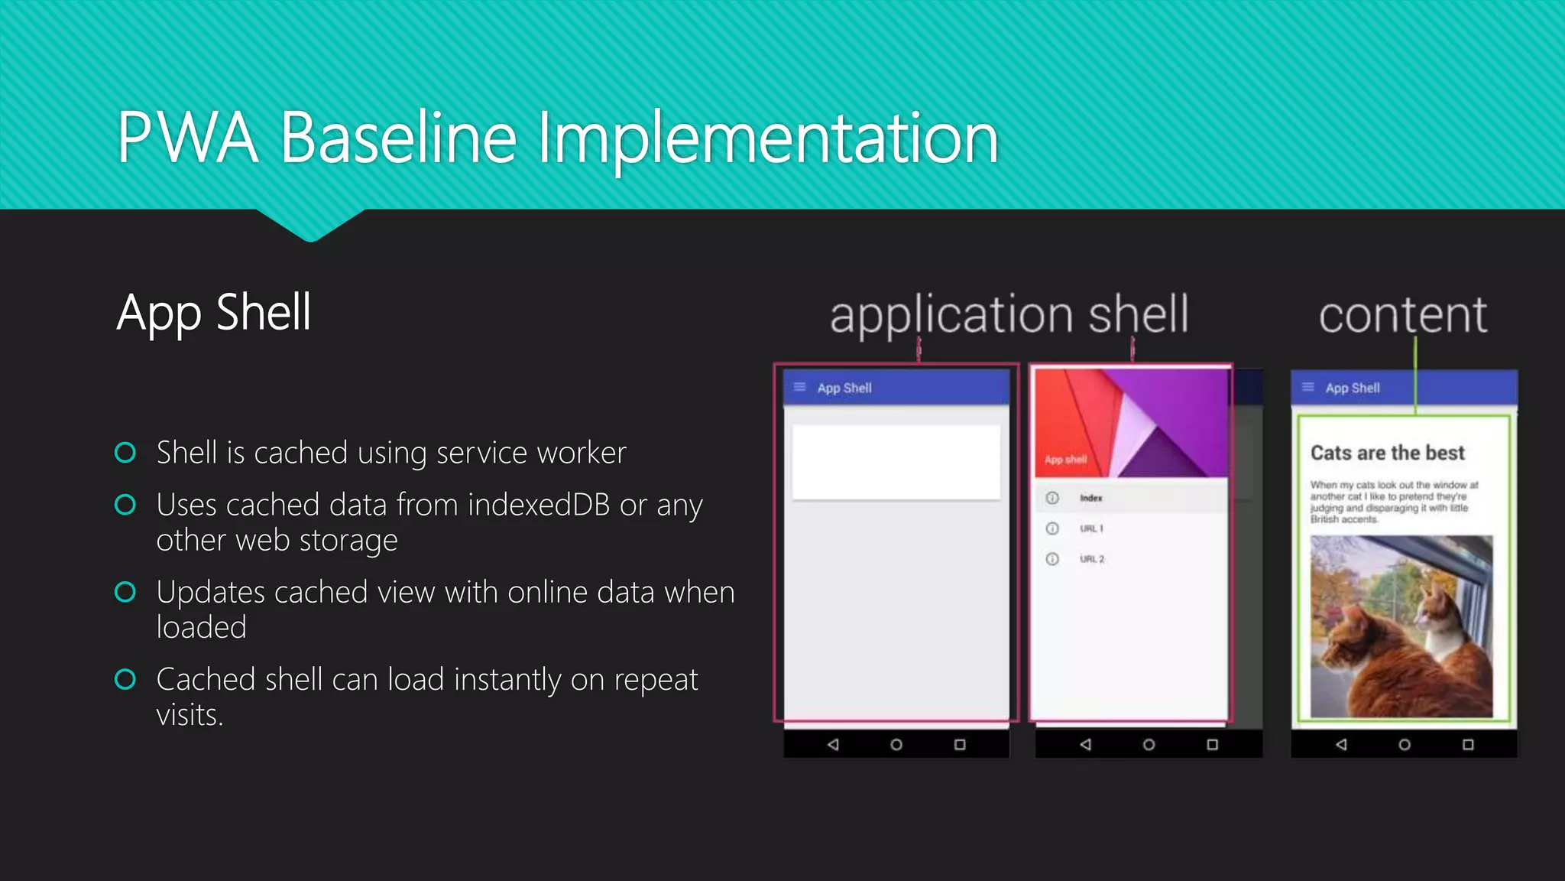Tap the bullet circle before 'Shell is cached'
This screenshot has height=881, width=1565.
click(x=125, y=453)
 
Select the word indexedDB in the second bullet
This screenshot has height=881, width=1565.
click(x=539, y=505)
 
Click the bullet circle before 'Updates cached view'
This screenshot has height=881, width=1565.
click(x=125, y=592)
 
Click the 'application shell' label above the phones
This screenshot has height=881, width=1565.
click(x=1009, y=314)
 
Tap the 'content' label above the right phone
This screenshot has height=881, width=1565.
click(x=1402, y=314)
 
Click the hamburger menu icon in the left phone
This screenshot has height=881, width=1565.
click(x=800, y=387)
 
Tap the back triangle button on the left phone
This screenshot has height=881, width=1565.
click(x=833, y=744)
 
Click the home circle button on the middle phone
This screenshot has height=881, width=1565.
click(x=1149, y=744)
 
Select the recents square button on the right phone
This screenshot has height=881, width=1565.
click(x=1468, y=744)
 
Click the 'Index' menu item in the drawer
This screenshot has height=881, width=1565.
click(x=1090, y=498)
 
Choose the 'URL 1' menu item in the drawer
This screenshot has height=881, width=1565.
click(x=1091, y=528)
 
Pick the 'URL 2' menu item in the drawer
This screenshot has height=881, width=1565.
click(x=1092, y=559)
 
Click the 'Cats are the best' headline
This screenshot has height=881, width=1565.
click(x=1388, y=453)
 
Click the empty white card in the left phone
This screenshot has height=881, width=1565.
click(x=896, y=462)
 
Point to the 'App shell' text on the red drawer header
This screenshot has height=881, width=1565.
click(x=1065, y=460)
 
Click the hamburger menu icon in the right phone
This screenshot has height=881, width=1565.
click(x=1308, y=387)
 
